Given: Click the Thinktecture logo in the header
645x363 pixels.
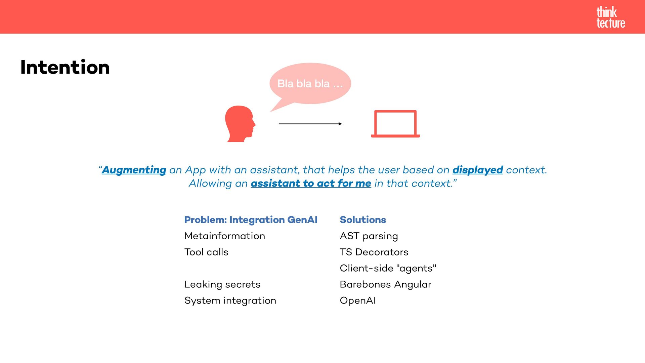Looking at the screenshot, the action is (x=610, y=17).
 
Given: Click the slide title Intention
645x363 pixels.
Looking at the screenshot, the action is (x=65, y=67).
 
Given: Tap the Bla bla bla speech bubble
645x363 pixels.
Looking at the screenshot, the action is (x=310, y=83).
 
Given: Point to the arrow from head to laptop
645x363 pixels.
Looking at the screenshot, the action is (x=310, y=124).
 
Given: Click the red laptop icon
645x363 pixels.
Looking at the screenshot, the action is (x=395, y=124).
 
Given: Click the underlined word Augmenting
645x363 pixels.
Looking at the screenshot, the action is (x=134, y=170).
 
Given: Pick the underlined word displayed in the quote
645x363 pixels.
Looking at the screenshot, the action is (x=477, y=170).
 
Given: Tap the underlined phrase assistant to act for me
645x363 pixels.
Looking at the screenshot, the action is (x=311, y=184).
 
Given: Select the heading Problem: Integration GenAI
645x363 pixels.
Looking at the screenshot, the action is (x=251, y=220).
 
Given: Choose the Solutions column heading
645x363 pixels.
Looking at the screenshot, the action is (x=363, y=220).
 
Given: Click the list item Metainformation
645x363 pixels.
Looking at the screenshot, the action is (x=225, y=236).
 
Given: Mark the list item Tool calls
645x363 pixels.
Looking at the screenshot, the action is (x=206, y=252).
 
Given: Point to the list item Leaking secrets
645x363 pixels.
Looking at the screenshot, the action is (x=222, y=284).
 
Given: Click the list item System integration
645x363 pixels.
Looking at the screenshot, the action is (x=230, y=300).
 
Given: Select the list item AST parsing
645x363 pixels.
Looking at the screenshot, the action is (x=369, y=236).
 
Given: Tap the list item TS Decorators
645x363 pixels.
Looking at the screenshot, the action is (x=374, y=252).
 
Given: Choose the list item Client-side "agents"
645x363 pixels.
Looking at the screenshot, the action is (x=388, y=268).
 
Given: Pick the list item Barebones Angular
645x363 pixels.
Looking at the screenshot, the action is (x=385, y=284).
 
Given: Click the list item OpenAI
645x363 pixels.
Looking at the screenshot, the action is (x=358, y=300).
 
